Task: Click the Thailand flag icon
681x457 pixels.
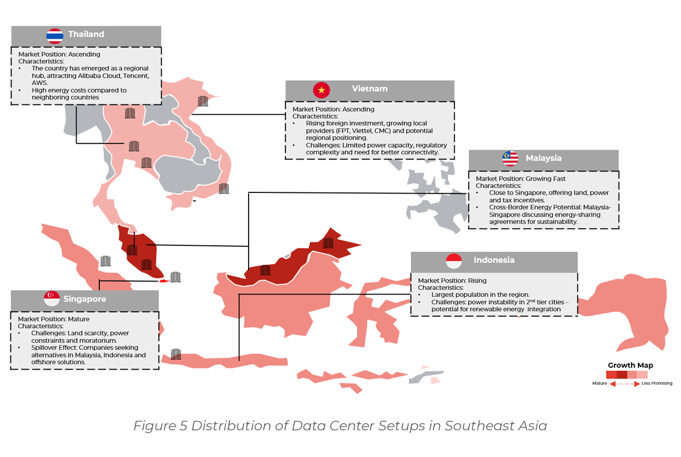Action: point(54,35)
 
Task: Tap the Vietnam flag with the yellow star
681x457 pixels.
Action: point(321,90)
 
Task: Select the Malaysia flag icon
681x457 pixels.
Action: point(510,159)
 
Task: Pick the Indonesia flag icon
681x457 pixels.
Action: point(454,261)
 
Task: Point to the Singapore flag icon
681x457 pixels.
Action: point(52,299)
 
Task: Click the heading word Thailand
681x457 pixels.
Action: point(86,35)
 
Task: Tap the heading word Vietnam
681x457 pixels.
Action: point(369,89)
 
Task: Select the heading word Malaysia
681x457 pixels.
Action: point(543,158)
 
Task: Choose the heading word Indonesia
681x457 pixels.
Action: point(494,261)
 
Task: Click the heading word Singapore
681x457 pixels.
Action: point(85,299)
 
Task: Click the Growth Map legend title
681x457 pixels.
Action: point(630,366)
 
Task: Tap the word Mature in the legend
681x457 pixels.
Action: point(600,384)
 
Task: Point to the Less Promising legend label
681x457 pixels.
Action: point(657,384)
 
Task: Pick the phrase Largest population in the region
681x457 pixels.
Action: point(480,295)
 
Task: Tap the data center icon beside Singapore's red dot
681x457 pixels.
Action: point(175,277)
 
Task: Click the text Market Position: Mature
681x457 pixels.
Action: point(54,319)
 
